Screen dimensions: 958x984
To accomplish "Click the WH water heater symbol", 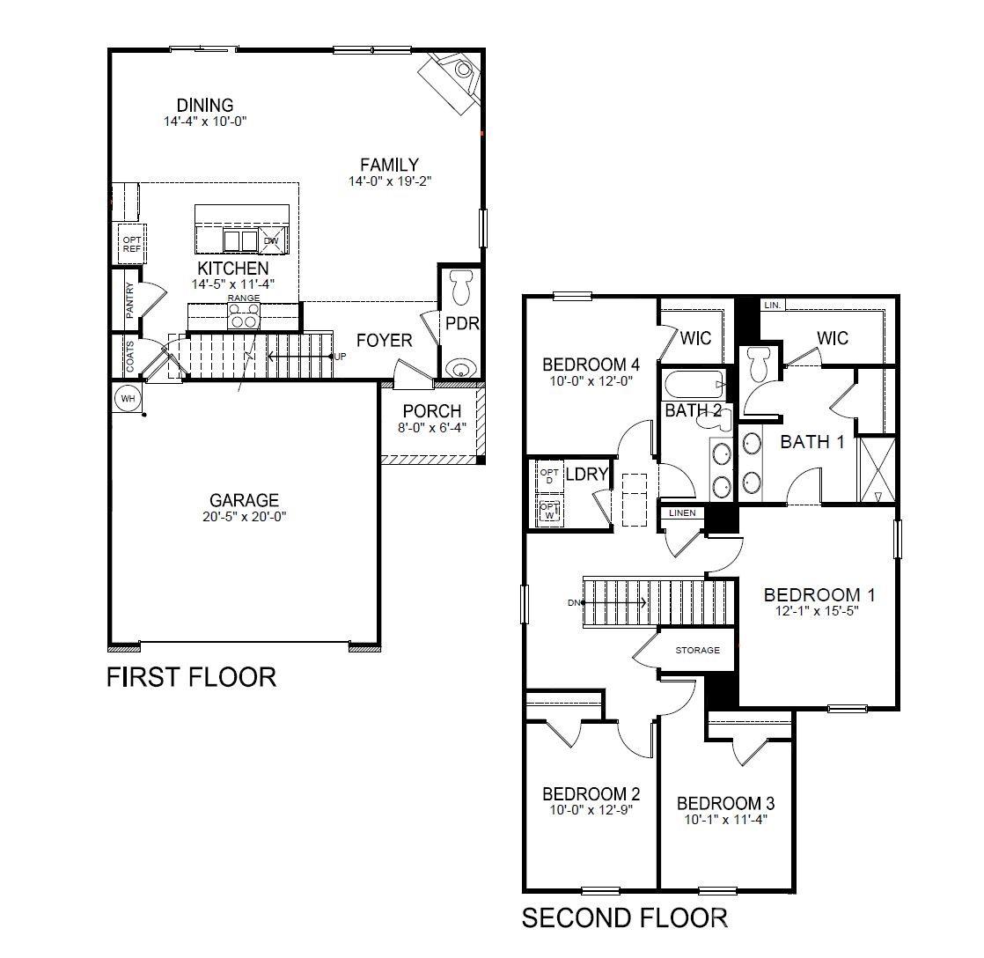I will tap(128, 399).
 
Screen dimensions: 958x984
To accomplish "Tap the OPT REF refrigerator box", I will tap(132, 244).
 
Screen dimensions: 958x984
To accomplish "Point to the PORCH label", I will tap(431, 411).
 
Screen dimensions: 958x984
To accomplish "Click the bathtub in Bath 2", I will tap(694, 384).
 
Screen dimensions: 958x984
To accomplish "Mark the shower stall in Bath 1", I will tap(877, 468).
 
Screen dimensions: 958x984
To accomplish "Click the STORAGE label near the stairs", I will tap(697, 651).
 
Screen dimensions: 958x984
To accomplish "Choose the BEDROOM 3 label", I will tap(725, 803).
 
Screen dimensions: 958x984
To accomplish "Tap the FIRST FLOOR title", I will tap(191, 677).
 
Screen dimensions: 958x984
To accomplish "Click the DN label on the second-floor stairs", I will tap(573, 603).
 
